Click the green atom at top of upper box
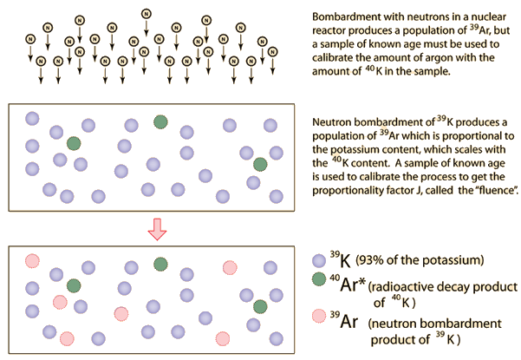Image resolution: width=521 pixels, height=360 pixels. click(x=160, y=121)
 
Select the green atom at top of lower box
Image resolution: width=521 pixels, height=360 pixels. click(x=160, y=263)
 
